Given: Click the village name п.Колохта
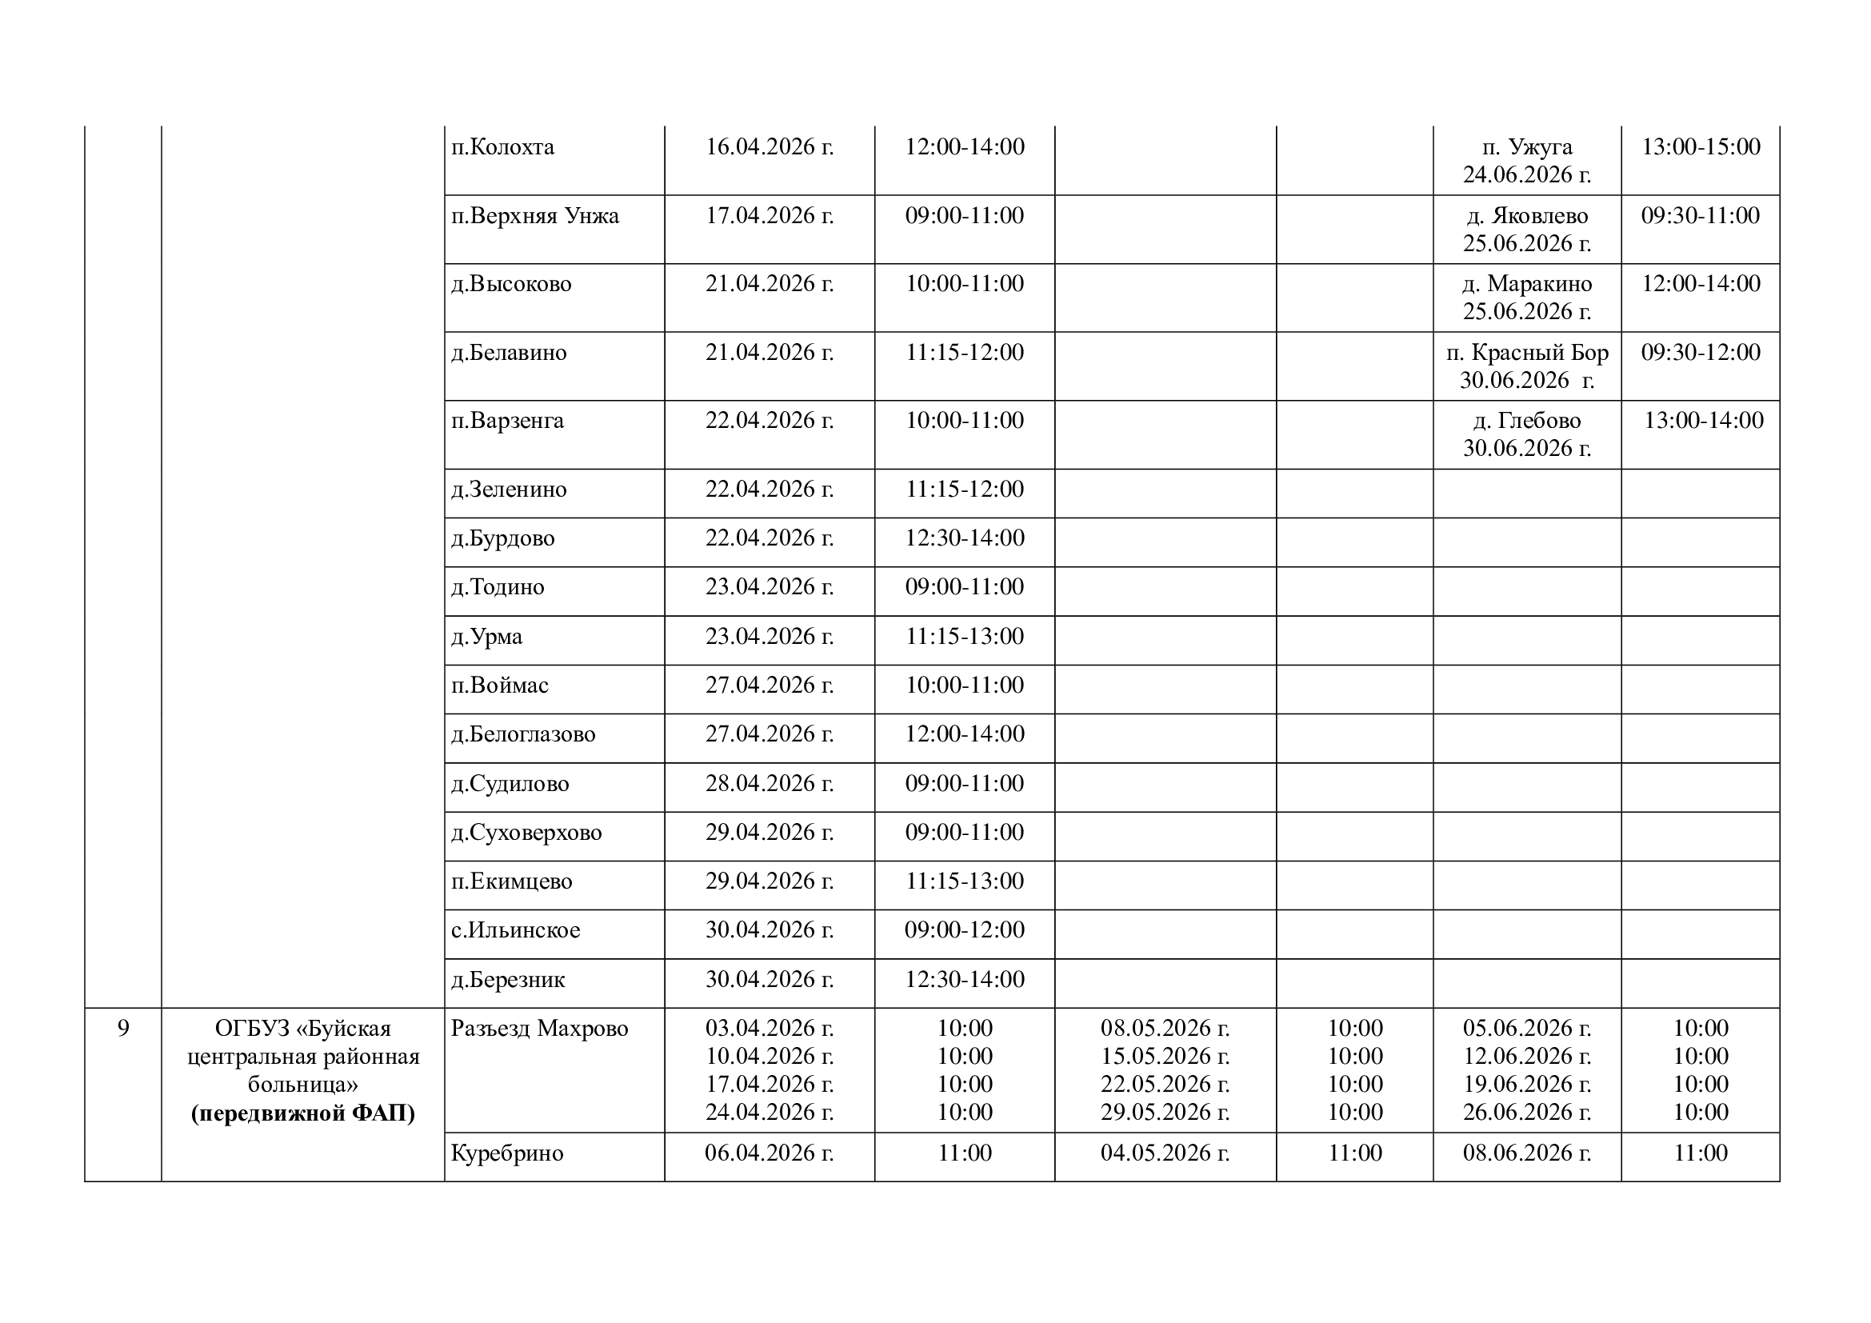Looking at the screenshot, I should coord(503,147).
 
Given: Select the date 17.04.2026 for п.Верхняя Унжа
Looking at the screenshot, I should coord(770,216).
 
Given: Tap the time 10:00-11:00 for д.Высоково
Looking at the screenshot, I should coord(964,284).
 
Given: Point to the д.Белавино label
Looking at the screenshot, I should coord(510,353).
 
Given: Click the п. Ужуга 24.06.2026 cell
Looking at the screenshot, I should coord(1526,161).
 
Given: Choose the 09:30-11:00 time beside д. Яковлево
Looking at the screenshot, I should coord(1700,216).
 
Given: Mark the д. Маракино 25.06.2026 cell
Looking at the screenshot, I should coord(1526,298).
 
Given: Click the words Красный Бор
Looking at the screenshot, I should coord(1552,353).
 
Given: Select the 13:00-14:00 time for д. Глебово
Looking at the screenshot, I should coord(1703,422).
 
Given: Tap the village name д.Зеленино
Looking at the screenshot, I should coord(510,490).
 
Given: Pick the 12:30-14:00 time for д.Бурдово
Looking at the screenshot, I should coord(964,538).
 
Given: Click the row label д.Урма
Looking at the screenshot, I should coord(487,637).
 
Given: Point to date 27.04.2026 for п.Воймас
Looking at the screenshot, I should coord(770,685).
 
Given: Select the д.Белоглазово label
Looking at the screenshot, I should coord(523,735).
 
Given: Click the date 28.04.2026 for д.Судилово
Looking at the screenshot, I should coord(770,784).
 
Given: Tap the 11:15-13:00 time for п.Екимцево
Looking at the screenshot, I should coord(964,881).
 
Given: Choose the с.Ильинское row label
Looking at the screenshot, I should coord(516,930).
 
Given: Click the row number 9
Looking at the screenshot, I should coord(123,1029).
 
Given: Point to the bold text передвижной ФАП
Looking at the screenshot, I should coord(303,1113).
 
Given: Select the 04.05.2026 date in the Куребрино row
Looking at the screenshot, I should coord(1165,1153).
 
